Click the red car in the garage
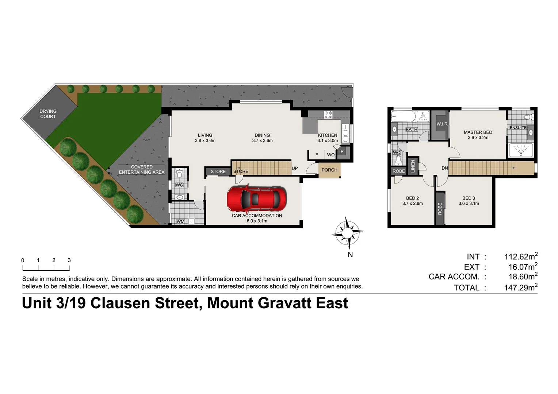point(256,199)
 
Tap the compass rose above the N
point(347,232)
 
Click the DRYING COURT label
point(48,114)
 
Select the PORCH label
point(329,170)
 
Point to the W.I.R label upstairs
point(442,124)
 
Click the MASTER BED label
point(478,132)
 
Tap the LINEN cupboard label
point(413,166)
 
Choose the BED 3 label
point(469,198)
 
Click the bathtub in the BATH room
point(403,117)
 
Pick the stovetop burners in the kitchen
point(328,114)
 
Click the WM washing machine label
point(180,221)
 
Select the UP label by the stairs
point(295,169)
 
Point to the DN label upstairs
point(444,168)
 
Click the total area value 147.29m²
point(520,287)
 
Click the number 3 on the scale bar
point(69,260)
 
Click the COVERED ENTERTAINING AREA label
point(142,170)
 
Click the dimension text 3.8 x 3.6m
point(205,140)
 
